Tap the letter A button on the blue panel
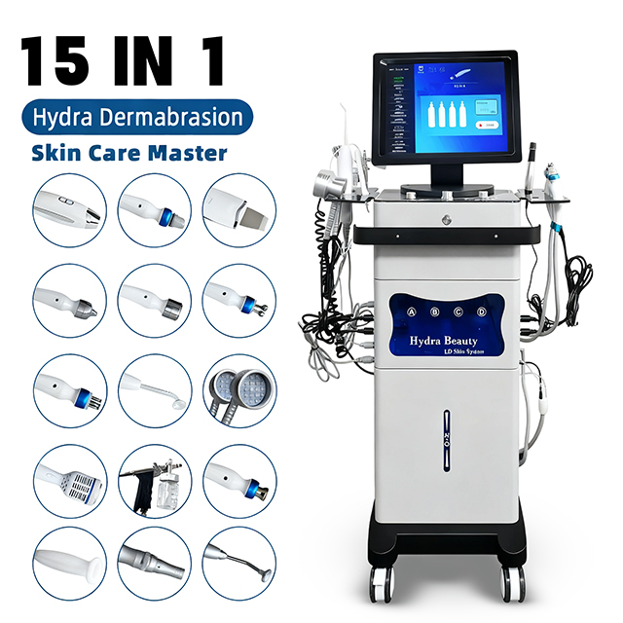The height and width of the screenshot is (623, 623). click(x=411, y=311)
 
